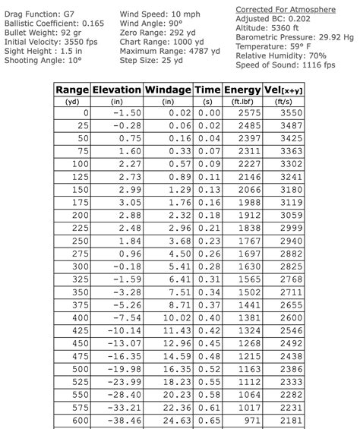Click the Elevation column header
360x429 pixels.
[116, 90]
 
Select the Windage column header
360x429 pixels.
[168, 90]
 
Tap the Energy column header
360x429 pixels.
[242, 90]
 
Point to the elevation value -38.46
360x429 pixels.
[125, 420]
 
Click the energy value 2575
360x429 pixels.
[248, 113]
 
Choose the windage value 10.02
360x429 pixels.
[176, 317]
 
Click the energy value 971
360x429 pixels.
[251, 420]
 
